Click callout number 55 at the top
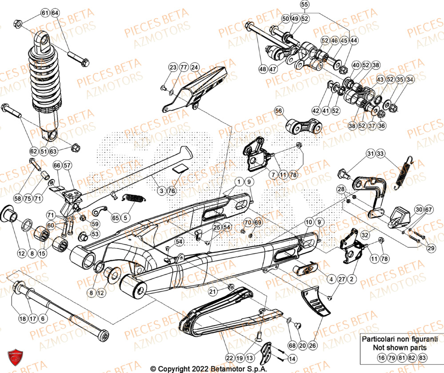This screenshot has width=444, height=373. point(316,5)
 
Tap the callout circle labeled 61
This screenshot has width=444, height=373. point(45,13)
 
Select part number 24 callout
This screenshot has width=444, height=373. point(194,67)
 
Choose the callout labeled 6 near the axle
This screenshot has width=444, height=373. point(43,318)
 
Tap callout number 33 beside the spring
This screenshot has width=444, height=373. point(381,154)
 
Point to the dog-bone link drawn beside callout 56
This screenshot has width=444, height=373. point(304,126)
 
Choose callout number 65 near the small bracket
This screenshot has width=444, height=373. point(115,218)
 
